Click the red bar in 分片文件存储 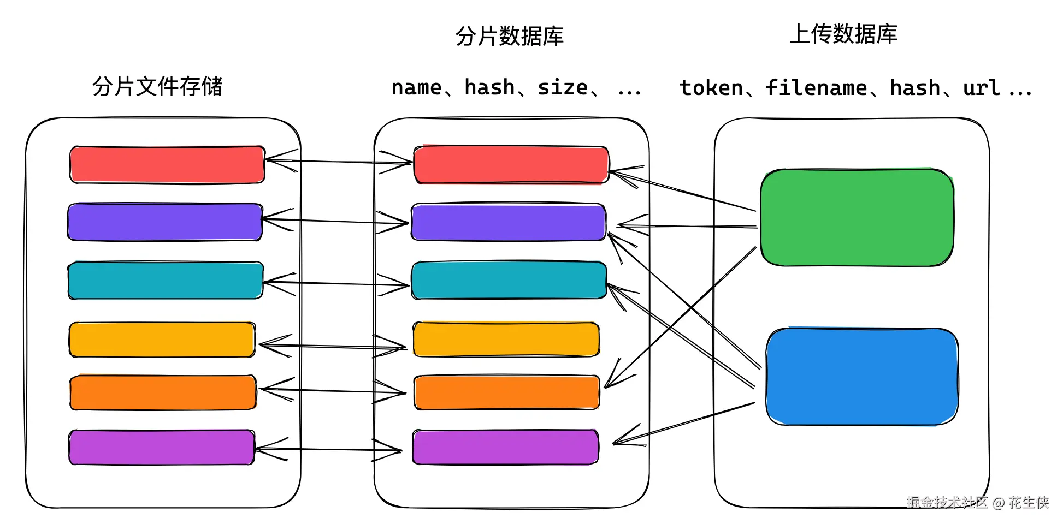(x=167, y=164)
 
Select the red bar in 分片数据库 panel (x=511, y=164)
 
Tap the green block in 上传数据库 (x=857, y=217)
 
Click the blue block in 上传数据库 (x=861, y=376)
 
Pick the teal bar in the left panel (x=166, y=281)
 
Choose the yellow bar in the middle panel (x=506, y=340)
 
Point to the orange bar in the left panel (x=163, y=392)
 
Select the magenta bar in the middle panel (x=505, y=447)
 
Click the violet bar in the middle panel (x=508, y=222)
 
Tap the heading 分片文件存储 (x=157, y=86)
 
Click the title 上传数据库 (x=843, y=34)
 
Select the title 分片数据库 (x=509, y=36)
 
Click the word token (x=711, y=88)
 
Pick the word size (x=562, y=88)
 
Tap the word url (x=981, y=88)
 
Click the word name (x=416, y=88)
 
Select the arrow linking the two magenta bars (x=328, y=449)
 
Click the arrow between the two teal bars (x=336, y=283)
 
